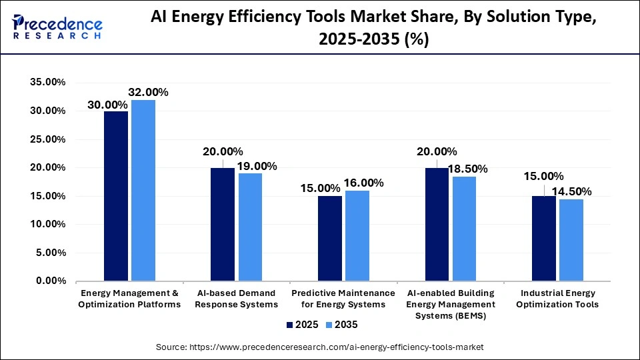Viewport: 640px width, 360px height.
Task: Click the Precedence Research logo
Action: pos(57,27)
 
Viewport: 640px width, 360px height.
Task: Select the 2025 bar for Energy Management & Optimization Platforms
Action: pos(116,196)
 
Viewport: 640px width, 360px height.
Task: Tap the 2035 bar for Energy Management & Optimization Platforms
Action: pos(143,191)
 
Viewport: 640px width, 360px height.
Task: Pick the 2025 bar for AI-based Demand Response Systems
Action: pos(223,225)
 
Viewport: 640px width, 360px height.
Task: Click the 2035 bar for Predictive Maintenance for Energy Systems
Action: pos(357,236)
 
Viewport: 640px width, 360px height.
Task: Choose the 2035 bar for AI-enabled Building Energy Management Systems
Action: pos(464,229)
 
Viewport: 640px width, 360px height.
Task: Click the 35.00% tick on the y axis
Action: pos(47,83)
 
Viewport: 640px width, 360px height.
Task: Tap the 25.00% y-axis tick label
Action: pos(47,139)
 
